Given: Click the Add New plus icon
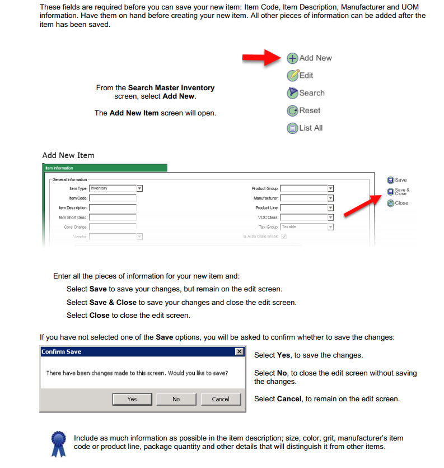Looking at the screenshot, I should coord(292,58).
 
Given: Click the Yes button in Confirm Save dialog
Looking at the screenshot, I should coord(132,399).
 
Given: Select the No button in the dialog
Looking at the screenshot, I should coord(176,399).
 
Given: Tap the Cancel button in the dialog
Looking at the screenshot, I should coord(221,399).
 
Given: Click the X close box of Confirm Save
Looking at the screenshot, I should coord(240,351).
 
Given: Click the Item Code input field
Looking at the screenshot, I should coord(113,198).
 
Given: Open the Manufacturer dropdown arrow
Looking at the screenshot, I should coord(331,198).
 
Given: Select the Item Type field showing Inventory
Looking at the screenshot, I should coord(113,188).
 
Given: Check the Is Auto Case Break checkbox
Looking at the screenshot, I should coord(284,237).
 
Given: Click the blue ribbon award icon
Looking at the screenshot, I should coord(58,443).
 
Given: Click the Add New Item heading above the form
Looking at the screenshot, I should coord(68,155).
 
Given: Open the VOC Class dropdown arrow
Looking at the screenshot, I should coord(331,217).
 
